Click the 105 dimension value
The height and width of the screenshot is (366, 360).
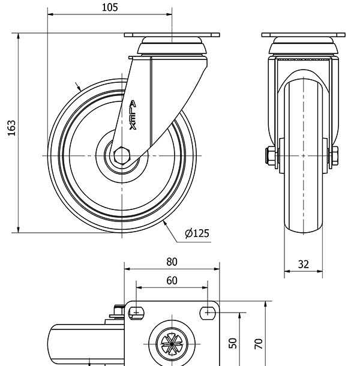click(x=110, y=8)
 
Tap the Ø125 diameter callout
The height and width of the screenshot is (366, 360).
click(x=197, y=233)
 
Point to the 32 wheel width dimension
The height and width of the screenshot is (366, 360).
click(x=303, y=264)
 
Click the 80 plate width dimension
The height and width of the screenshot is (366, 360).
click(x=172, y=262)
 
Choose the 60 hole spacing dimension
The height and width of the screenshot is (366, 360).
click(x=172, y=280)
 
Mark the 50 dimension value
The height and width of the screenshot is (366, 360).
click(x=234, y=342)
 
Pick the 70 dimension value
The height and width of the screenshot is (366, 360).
click(x=258, y=343)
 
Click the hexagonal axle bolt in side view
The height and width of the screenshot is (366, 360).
click(x=123, y=155)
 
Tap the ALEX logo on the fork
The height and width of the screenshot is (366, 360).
click(x=133, y=115)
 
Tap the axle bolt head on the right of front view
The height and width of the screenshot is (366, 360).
click(x=335, y=155)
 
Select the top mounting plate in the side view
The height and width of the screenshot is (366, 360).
click(x=172, y=35)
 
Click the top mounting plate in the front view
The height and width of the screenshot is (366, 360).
click(x=304, y=35)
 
